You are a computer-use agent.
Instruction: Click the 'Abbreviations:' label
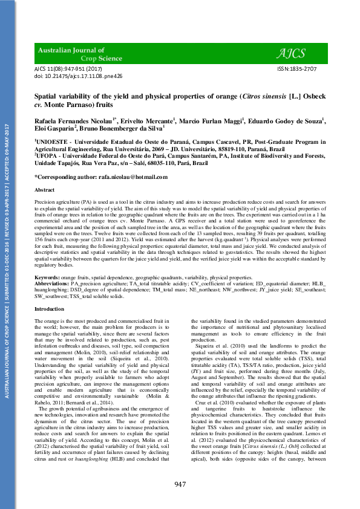click(54, 282)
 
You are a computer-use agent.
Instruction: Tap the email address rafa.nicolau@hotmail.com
click(134, 177)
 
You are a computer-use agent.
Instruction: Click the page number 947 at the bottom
click(180, 484)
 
